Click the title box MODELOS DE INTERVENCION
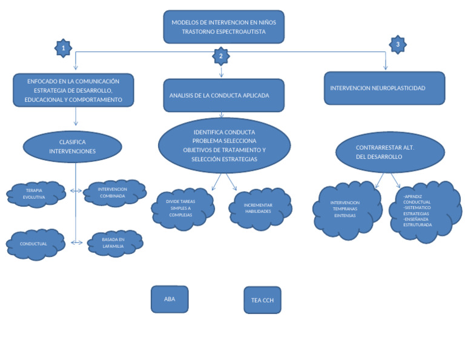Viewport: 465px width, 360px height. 223,27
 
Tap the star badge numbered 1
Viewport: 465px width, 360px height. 63,47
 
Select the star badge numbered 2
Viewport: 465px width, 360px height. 221,56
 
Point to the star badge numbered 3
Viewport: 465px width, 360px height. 397,44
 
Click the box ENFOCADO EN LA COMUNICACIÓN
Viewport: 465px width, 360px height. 73,90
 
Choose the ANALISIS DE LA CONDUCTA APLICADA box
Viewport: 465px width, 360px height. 223,95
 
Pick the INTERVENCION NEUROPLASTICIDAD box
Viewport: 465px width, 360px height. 384,88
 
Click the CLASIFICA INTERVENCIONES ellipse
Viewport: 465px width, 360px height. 72,147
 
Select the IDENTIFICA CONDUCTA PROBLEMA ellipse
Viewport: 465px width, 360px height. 223,145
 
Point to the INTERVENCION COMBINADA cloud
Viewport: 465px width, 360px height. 114,192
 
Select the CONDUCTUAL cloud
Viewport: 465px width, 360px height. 35,244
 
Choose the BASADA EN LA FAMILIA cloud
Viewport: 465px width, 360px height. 114,243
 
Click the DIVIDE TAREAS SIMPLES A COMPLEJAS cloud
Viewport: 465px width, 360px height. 182,207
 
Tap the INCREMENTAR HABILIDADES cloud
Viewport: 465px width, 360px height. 260,208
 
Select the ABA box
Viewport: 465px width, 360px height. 170,299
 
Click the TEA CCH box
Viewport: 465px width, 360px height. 262,299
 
